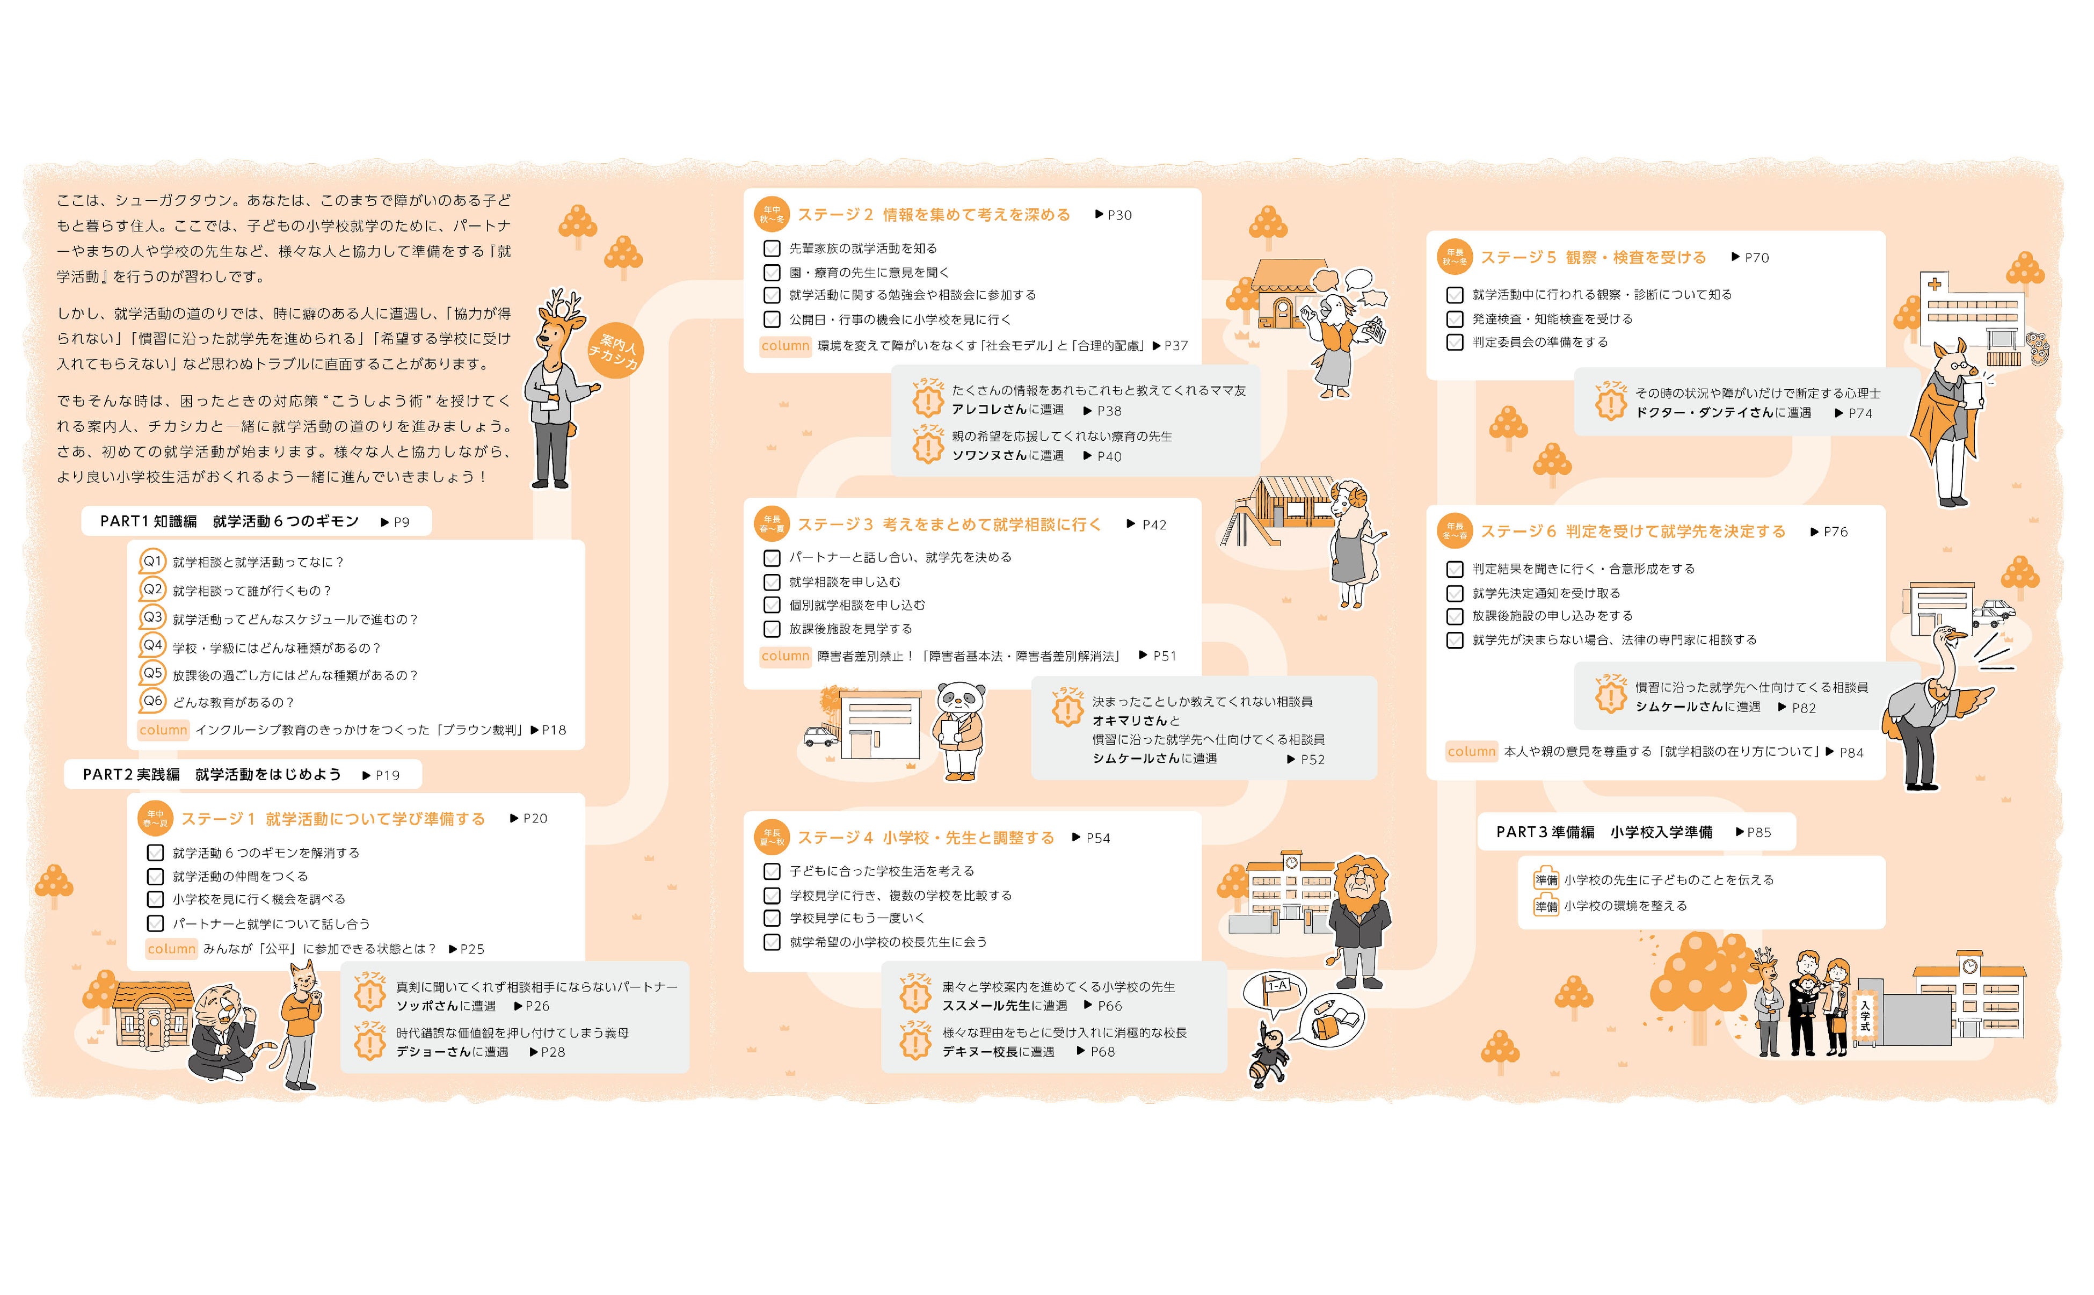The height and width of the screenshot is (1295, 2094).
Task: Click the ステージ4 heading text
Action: pos(926,838)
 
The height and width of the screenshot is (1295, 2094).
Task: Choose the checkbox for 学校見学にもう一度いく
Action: pos(772,918)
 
